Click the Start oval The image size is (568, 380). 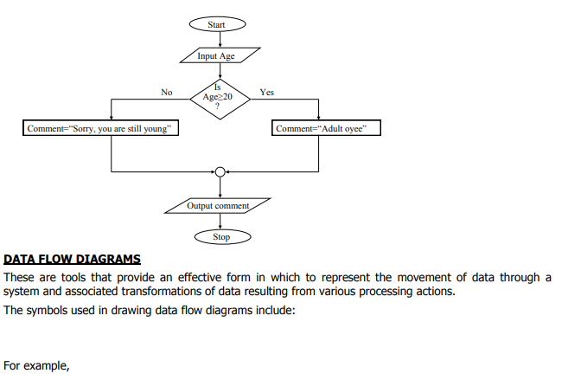click(217, 24)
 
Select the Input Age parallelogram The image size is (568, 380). click(220, 55)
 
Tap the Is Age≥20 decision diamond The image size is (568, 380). click(220, 99)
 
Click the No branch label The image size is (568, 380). click(167, 92)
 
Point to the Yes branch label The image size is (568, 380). click(266, 92)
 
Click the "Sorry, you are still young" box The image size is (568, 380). click(100, 128)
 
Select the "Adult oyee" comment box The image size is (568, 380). click(326, 128)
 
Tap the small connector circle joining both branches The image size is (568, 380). click(220, 172)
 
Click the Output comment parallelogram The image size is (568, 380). click(218, 206)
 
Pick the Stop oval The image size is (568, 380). click(223, 237)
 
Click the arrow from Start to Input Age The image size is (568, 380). click(220, 40)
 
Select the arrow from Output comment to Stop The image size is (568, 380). click(220, 222)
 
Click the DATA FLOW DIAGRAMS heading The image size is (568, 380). click(72, 259)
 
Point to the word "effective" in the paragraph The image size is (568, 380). click(200, 277)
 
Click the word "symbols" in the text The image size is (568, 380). click(47, 311)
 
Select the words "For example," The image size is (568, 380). click(36, 365)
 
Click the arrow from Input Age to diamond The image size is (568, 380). click(220, 71)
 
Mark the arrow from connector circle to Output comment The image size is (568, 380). click(220, 188)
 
